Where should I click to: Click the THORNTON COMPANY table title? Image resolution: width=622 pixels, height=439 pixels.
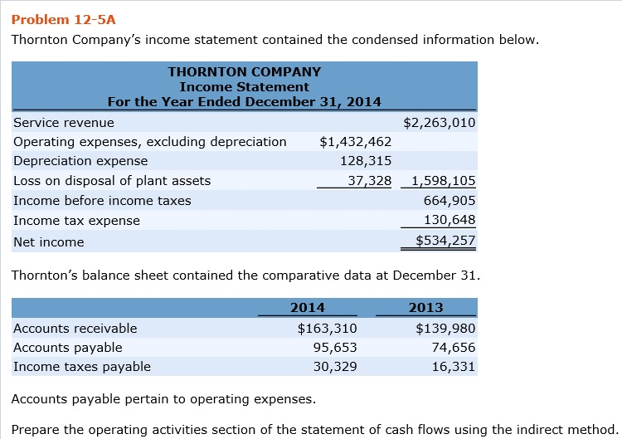(x=244, y=72)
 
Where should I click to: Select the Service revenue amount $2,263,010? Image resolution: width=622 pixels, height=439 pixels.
(x=439, y=123)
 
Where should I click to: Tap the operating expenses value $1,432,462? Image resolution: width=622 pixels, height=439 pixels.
(x=355, y=142)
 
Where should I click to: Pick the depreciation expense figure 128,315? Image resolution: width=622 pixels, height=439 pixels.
(x=366, y=161)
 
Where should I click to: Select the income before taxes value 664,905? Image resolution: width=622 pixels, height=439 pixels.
(x=449, y=201)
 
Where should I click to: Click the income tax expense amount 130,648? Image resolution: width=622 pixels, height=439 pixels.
(x=449, y=221)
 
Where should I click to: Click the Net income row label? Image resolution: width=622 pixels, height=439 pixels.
(x=49, y=242)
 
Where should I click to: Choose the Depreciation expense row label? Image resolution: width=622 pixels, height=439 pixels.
(x=80, y=161)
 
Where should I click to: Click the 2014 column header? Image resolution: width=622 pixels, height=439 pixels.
(x=308, y=307)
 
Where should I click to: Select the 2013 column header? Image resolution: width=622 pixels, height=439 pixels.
(x=426, y=307)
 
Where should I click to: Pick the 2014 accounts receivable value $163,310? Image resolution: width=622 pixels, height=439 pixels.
(x=327, y=328)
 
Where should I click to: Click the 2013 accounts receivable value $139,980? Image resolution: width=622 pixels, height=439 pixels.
(x=445, y=328)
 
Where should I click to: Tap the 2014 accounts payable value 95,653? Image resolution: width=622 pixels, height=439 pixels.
(x=334, y=348)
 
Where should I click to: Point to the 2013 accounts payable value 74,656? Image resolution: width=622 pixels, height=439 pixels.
(x=453, y=348)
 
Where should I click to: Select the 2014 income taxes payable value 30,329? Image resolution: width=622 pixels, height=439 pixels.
(x=334, y=367)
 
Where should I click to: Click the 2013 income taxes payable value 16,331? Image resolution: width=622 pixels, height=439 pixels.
(x=453, y=367)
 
